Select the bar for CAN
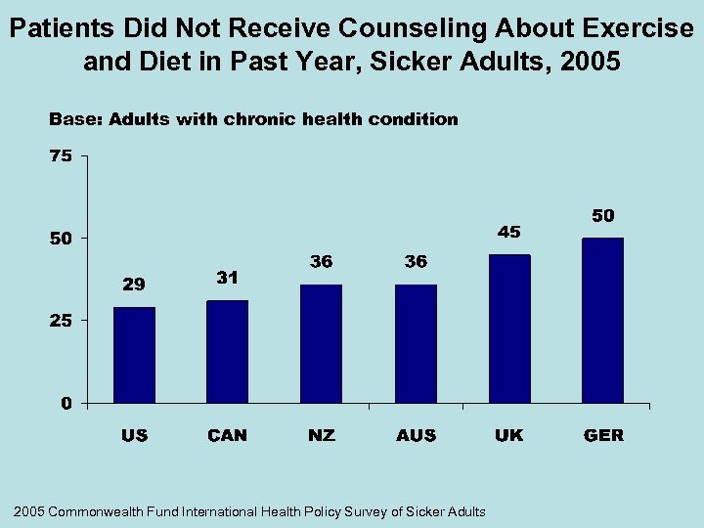coord(227,351)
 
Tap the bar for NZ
coord(321,343)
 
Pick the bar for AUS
coord(416,343)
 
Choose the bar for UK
coord(509,329)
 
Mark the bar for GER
coord(602,320)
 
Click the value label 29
coord(134,285)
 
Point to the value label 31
coord(227,277)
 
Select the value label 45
coord(509,232)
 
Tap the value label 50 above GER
coord(602,214)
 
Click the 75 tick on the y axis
coord(61,155)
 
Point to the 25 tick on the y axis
coord(61,320)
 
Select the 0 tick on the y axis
coord(66,403)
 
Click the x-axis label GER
coord(603,435)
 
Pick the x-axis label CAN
coord(228,435)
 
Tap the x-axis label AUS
coord(417,435)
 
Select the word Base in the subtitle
coord(74,119)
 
